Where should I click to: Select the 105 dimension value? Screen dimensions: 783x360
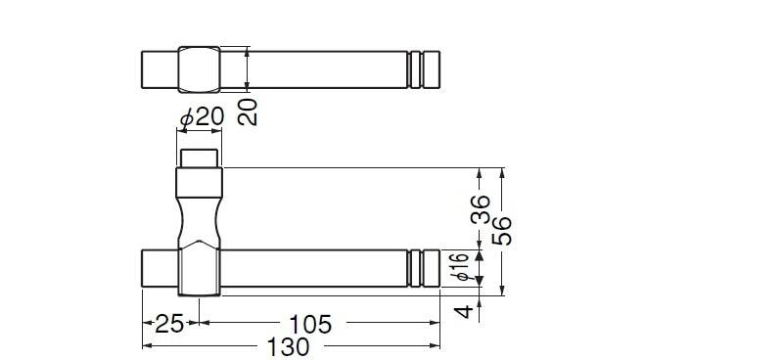[x=310, y=325]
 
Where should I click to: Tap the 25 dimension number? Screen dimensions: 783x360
[x=169, y=325]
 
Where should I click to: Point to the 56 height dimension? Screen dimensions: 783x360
[x=502, y=230]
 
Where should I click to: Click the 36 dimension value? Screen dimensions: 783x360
[x=480, y=208]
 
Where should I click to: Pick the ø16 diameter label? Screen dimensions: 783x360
[x=463, y=268]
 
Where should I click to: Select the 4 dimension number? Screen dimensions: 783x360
[x=465, y=311]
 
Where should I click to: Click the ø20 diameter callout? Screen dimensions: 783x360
[x=203, y=117]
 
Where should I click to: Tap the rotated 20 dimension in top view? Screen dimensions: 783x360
[x=248, y=112]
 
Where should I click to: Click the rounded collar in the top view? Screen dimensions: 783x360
[x=200, y=69]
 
